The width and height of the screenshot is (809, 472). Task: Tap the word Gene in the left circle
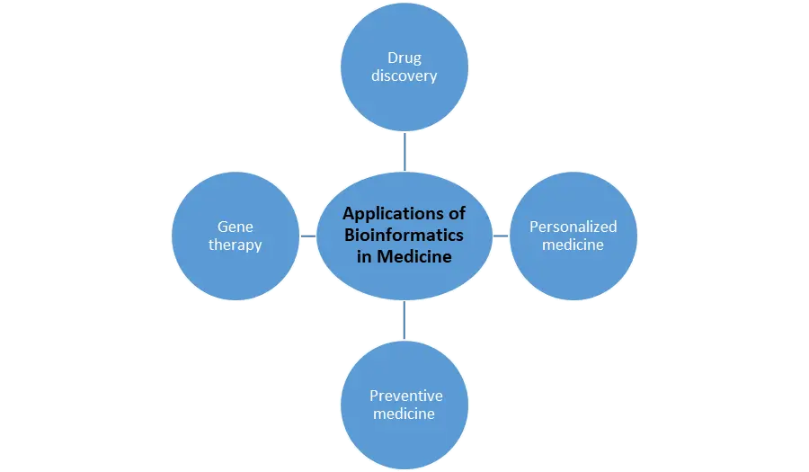(235, 227)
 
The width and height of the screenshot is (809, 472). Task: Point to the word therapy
(235, 245)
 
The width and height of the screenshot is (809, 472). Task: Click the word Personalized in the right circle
(573, 227)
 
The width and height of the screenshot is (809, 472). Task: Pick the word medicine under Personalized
(573, 244)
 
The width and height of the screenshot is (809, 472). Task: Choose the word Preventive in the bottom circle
(406, 396)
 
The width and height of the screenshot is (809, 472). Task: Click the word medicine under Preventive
(404, 414)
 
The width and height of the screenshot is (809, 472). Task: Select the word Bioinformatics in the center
(404, 235)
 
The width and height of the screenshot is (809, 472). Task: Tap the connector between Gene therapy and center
(308, 234)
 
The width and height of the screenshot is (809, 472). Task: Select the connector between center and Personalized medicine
(502, 234)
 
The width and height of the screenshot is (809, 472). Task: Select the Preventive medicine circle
(406, 441)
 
